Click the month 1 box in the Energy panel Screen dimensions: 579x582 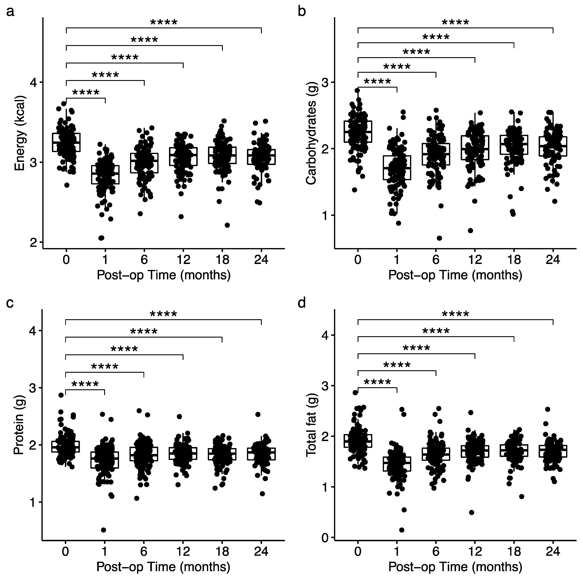point(105,174)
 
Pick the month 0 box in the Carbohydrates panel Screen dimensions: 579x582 point(358,132)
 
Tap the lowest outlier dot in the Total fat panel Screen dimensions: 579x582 point(402,530)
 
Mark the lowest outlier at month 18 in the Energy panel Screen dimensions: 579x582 point(227,225)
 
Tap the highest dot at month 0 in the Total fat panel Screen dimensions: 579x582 point(355,392)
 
